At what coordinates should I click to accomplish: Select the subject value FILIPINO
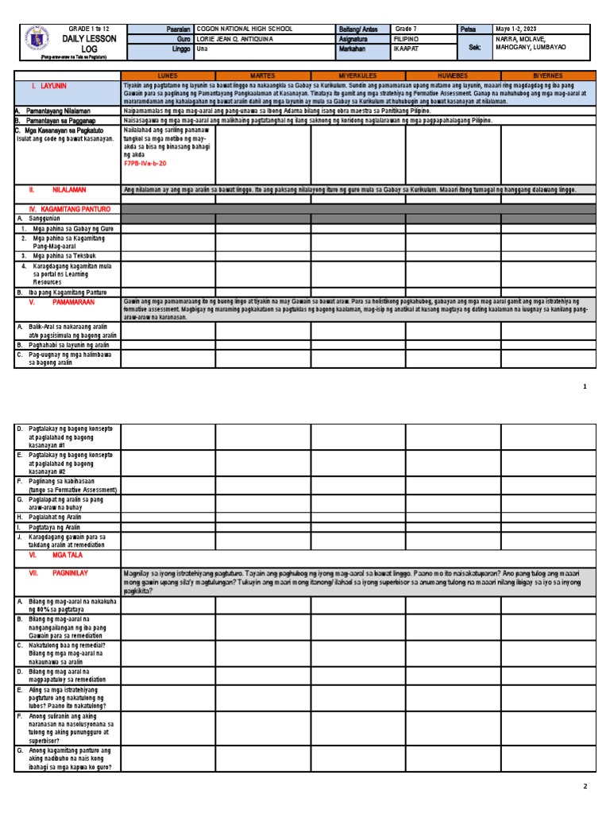click(x=410, y=38)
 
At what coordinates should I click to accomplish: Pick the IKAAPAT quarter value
click(x=409, y=48)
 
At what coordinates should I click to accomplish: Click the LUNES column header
click(x=168, y=76)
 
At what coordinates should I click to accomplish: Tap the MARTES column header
click(x=262, y=76)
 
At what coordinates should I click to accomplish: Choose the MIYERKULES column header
click(x=357, y=76)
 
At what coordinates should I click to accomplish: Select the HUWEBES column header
click(x=453, y=76)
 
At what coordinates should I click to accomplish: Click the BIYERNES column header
click(x=548, y=76)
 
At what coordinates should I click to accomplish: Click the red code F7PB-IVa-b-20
click(x=145, y=162)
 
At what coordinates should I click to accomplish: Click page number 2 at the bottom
click(x=585, y=786)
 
